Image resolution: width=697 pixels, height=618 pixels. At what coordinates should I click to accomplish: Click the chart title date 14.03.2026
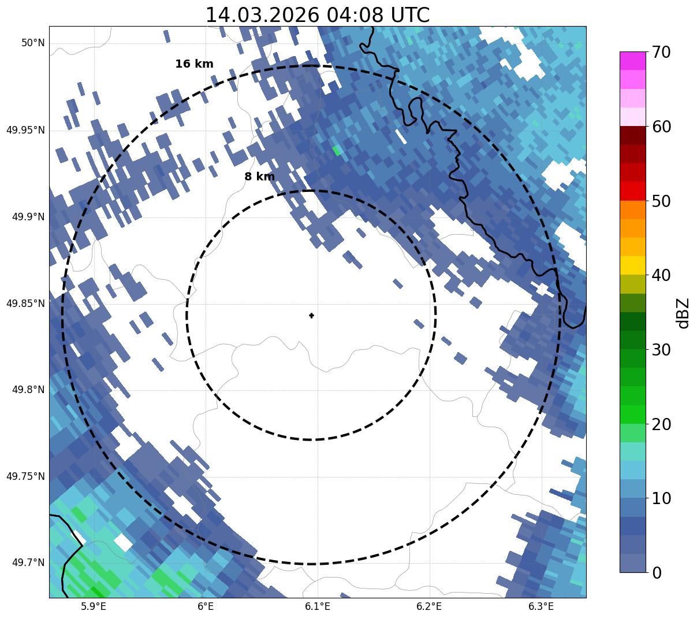pos(262,15)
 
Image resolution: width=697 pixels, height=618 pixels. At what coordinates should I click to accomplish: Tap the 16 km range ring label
pos(194,64)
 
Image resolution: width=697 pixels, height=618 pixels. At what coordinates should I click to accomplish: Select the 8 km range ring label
pos(259,177)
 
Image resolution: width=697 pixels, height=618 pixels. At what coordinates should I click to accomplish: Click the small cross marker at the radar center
pos(311,316)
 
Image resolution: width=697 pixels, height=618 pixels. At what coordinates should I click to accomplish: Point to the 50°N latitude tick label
pos(33,43)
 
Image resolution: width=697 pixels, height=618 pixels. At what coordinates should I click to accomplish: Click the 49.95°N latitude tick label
pos(25,130)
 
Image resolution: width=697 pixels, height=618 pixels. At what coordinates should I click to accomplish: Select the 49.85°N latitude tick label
pos(25,304)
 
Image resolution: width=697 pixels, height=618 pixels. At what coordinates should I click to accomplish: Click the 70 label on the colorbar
pos(661,53)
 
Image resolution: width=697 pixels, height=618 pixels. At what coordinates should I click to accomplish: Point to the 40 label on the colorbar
pos(661,275)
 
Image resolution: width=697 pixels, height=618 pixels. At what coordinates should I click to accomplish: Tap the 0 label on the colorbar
pos(657,573)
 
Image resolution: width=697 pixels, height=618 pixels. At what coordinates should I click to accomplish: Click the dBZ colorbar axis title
pos(684,313)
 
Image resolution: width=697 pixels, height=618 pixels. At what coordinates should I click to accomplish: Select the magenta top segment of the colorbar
pos(632,61)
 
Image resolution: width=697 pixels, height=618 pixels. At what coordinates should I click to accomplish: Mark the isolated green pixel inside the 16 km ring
pos(337,150)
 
